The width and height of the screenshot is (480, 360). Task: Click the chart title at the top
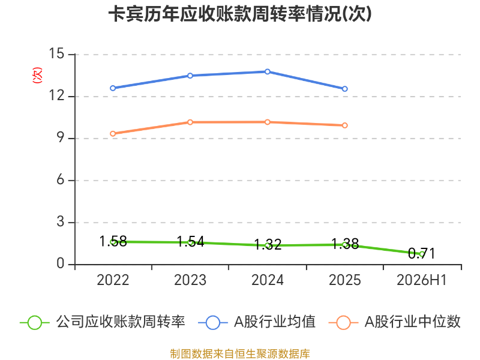tap(240, 14)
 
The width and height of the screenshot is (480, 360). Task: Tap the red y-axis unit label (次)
tap(37, 75)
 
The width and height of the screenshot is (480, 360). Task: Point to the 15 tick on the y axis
tap(56, 53)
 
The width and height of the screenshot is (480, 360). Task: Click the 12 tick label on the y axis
tap(56, 95)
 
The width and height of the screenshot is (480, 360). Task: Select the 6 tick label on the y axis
tap(61, 179)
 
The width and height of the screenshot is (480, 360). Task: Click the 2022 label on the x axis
tap(113, 280)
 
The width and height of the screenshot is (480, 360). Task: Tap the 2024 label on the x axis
tap(268, 280)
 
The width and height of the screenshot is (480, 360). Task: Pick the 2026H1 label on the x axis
tap(422, 280)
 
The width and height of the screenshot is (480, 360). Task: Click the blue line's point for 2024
tap(268, 71)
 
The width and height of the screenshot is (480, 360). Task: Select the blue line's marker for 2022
tap(113, 88)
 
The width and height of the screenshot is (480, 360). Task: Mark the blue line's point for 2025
tap(344, 89)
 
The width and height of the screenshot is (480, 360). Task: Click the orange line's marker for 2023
tap(190, 122)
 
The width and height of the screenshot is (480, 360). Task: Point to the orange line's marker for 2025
tap(344, 125)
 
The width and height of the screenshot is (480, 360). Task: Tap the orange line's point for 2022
tap(113, 134)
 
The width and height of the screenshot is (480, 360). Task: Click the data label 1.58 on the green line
tap(113, 241)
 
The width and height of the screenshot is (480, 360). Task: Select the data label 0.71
tap(422, 253)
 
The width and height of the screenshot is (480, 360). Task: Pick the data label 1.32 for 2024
tap(268, 245)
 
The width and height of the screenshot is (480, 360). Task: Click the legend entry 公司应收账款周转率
tap(103, 322)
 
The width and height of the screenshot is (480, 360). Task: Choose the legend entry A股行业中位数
tap(395, 322)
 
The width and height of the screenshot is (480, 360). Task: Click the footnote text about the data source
tap(240, 353)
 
